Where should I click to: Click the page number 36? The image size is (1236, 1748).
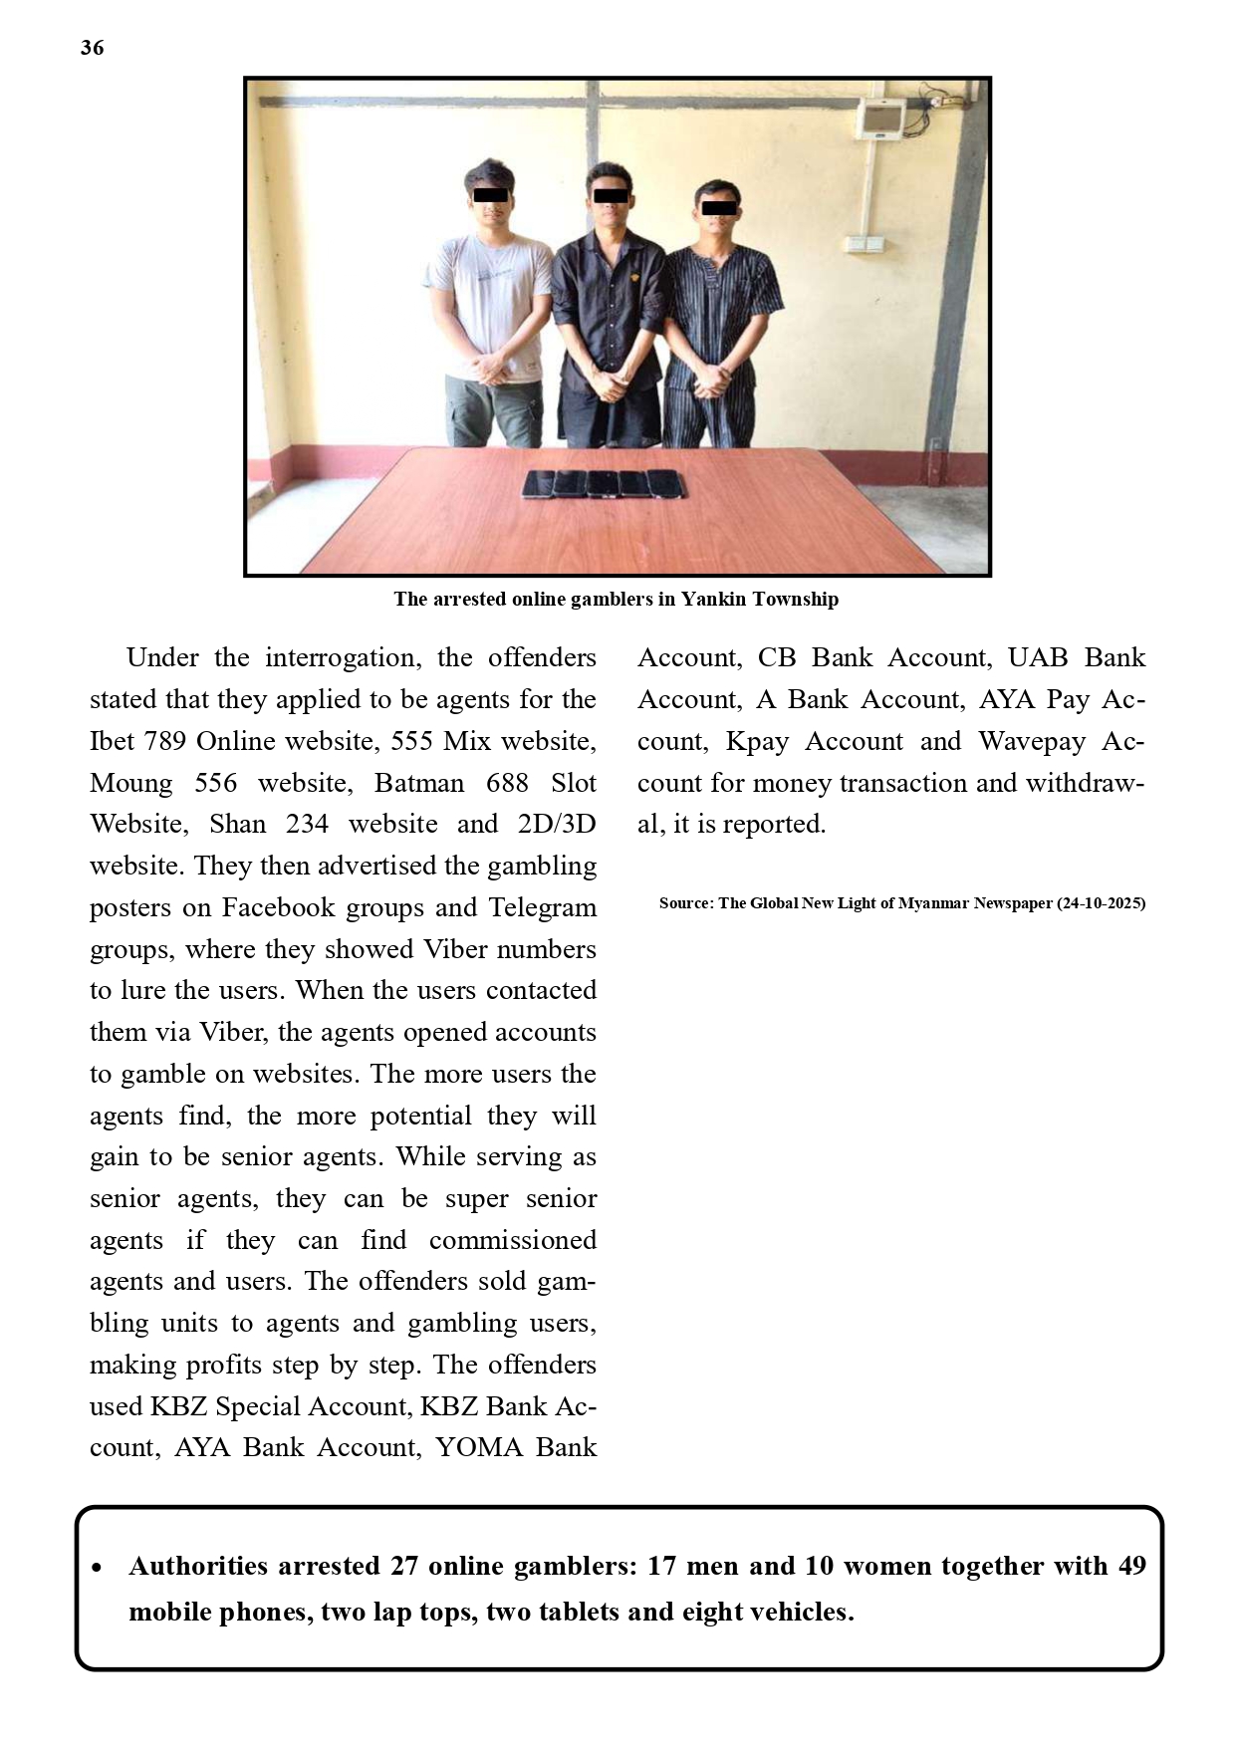pos(92,48)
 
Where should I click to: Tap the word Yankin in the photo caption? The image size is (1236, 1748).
pos(713,600)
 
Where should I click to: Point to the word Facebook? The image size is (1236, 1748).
pos(278,907)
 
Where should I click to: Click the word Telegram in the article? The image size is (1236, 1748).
pos(543,907)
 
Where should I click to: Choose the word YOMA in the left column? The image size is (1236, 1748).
pos(477,1447)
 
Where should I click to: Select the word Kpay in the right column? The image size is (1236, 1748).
pos(758,741)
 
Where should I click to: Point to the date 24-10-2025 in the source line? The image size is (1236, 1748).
pos(1101,903)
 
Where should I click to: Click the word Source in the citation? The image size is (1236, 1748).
pos(685,903)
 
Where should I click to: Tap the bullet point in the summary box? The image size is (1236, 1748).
pos(97,1568)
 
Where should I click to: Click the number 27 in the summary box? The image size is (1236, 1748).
pos(403,1566)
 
